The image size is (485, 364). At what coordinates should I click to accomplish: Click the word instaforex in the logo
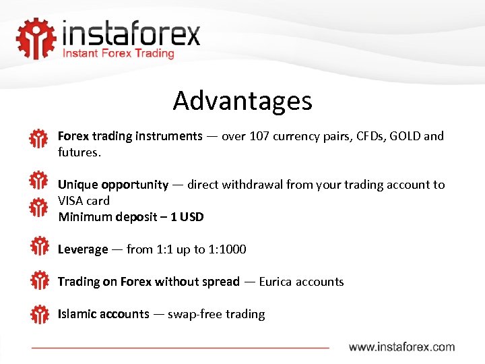pyautogui.click(x=131, y=33)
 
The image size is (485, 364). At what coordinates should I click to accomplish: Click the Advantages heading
pyautogui.click(x=243, y=100)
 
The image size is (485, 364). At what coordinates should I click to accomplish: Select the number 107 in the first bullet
pyautogui.click(x=259, y=136)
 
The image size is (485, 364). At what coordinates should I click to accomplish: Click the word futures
pyautogui.click(x=78, y=152)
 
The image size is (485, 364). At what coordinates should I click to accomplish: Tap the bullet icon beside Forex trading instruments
pyautogui.click(x=39, y=139)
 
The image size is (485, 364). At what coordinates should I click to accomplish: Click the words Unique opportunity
pyautogui.click(x=112, y=185)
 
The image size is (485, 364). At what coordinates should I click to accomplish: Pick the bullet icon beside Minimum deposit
pyautogui.click(x=39, y=208)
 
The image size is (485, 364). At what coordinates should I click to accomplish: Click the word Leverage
pyautogui.click(x=82, y=249)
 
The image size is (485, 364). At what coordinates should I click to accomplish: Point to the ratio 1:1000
pyautogui.click(x=227, y=249)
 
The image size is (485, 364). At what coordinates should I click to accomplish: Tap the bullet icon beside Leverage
pyautogui.click(x=39, y=246)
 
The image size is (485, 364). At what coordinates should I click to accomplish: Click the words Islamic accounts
pyautogui.click(x=103, y=314)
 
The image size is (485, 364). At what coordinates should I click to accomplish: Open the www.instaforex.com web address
pyautogui.click(x=401, y=347)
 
